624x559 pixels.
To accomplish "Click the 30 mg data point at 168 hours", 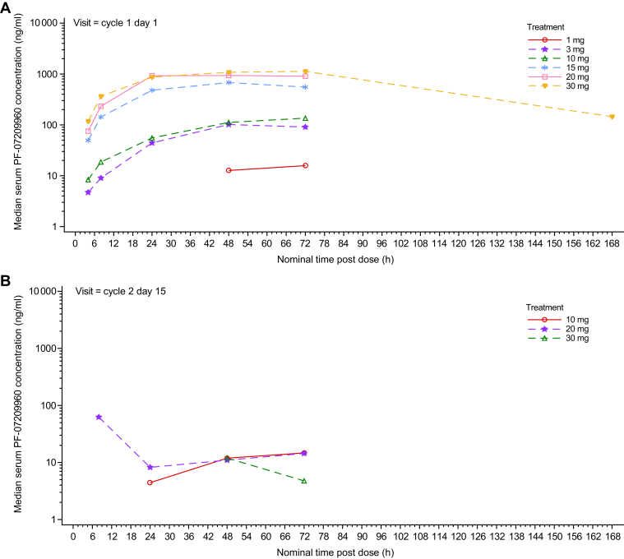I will [x=612, y=117].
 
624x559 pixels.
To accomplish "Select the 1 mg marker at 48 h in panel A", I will [x=229, y=170].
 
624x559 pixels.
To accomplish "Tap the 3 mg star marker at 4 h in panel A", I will [x=88, y=192].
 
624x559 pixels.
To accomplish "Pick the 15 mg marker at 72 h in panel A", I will [x=305, y=87].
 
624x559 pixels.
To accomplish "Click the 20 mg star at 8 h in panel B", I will [x=99, y=417].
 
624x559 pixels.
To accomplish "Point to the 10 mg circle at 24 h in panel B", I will [x=150, y=483].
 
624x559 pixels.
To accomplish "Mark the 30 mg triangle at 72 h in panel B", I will [x=304, y=480].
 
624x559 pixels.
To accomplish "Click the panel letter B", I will [x=7, y=279].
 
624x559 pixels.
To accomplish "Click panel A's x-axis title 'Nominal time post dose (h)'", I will [x=342, y=259].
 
